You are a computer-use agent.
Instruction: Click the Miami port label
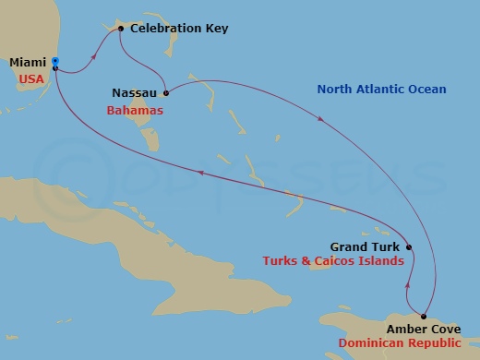[x=28, y=63]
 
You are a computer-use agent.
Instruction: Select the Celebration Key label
[x=179, y=30]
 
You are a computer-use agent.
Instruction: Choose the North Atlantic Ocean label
[x=381, y=90]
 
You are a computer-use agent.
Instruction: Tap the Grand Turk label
[x=365, y=247]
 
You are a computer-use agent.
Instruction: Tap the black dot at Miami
[x=55, y=67]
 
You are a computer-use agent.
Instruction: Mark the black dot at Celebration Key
[x=121, y=30]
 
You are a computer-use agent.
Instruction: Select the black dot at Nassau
[x=166, y=93]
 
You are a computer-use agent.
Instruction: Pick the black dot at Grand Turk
[x=408, y=247]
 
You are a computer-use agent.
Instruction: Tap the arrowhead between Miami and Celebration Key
[x=95, y=56]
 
